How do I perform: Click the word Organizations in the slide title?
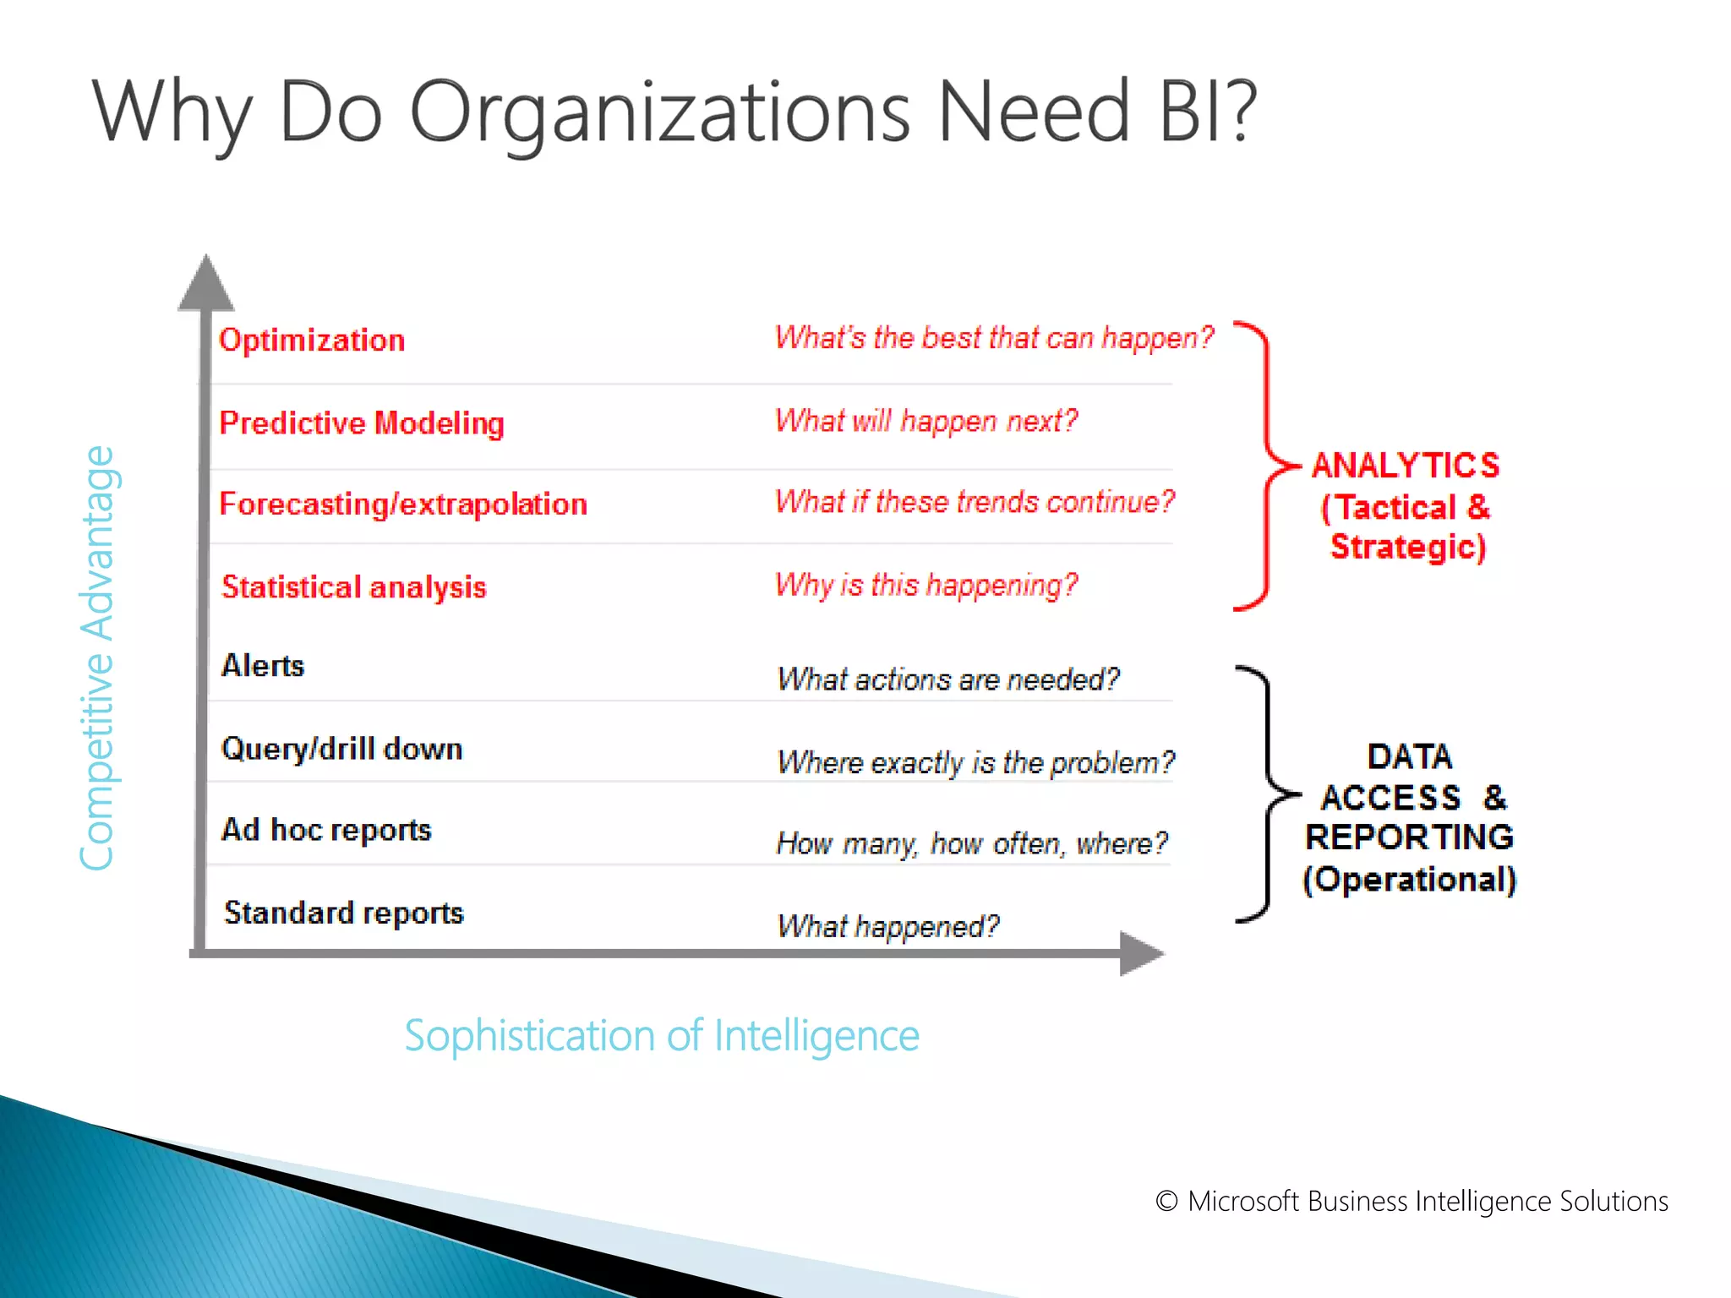[x=660, y=112]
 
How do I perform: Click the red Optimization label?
[x=312, y=340]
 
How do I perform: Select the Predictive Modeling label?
[x=362, y=423]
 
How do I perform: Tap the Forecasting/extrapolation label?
[x=403, y=504]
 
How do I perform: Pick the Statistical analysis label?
[x=353, y=586]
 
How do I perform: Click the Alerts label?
[x=262, y=666]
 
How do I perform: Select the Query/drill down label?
[x=341, y=749]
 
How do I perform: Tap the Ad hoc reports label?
[x=326, y=830]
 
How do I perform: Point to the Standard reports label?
[x=343, y=913]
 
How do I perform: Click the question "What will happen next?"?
[x=926, y=420]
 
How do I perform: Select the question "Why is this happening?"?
[x=926, y=584]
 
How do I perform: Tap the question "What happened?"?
[x=887, y=926]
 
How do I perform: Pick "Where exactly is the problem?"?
[x=975, y=762]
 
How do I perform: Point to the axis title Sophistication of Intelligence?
[x=661, y=1036]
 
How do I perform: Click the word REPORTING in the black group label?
[x=1409, y=837]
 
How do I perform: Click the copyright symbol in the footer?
[x=1166, y=1201]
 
